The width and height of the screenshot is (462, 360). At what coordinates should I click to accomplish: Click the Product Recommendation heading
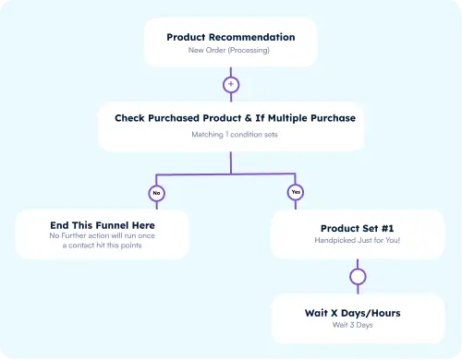point(231,37)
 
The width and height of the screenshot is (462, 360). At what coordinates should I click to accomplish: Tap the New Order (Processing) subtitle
point(231,50)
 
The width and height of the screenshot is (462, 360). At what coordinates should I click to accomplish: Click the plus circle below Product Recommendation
point(231,84)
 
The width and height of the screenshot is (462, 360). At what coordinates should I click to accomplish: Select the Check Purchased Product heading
point(235,118)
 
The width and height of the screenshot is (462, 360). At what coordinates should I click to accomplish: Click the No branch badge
point(156,193)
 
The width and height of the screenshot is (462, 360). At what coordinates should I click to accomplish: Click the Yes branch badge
point(295,193)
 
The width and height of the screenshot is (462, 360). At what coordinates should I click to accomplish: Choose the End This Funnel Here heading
point(103,224)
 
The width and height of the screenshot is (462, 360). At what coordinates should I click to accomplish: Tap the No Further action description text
point(103,240)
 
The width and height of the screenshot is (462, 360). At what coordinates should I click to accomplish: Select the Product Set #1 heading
point(358,228)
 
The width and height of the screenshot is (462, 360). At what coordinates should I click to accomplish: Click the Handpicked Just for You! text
point(358,240)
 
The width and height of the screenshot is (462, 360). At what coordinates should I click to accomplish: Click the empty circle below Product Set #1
point(358,276)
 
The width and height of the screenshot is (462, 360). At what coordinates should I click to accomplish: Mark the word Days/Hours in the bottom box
point(375,313)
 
